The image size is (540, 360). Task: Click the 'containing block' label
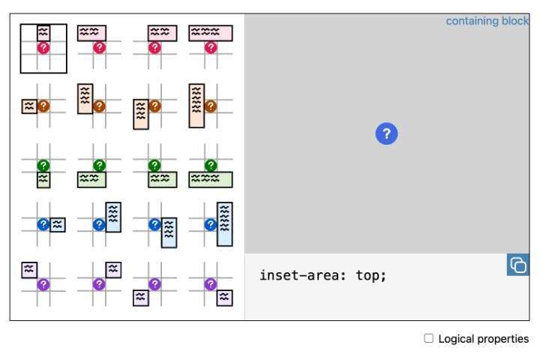coord(487,21)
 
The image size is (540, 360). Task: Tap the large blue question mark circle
coord(386,134)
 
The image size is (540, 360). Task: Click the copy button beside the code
coord(518,265)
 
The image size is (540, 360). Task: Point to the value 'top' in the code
coord(371,275)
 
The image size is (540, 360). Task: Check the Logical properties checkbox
coord(429,339)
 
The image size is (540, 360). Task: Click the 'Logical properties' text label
coord(484,339)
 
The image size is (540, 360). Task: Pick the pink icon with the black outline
coord(43,47)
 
